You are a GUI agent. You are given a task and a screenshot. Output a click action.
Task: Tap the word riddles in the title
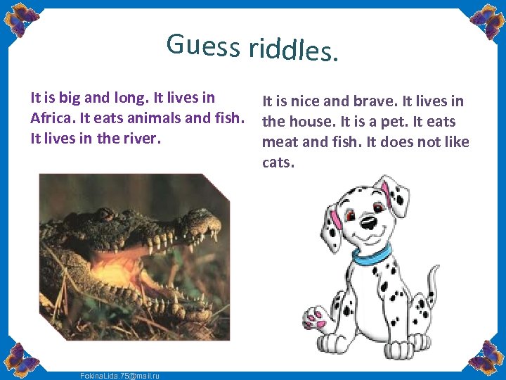[x=288, y=49]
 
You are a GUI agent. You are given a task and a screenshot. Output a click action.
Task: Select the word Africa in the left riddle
[x=51, y=117]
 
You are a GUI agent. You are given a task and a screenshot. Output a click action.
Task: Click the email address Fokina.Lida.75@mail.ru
[x=119, y=376]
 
